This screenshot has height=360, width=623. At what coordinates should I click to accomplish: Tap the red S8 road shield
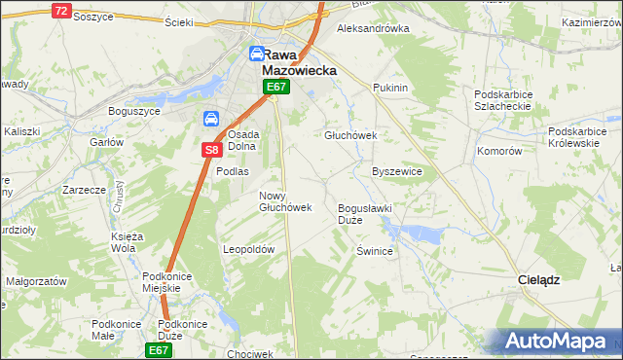tap(212, 150)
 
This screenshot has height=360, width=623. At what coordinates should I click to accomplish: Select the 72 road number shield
tap(61, 11)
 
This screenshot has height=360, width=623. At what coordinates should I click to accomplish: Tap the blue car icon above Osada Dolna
tap(210, 119)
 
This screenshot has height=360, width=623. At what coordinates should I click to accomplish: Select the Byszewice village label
tap(397, 171)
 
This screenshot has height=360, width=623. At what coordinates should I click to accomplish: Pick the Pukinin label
tap(389, 88)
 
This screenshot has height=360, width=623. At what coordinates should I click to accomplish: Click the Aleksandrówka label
tap(372, 28)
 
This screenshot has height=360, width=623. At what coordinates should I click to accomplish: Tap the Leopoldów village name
tap(250, 249)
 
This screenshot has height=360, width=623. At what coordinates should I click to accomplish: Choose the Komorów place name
tap(500, 152)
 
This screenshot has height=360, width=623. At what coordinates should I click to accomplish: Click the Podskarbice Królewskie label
tap(584, 136)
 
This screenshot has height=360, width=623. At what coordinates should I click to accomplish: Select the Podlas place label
tap(233, 171)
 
